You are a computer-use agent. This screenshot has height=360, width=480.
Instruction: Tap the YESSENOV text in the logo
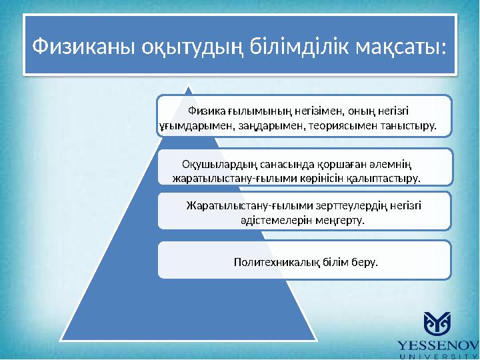(x=437, y=345)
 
